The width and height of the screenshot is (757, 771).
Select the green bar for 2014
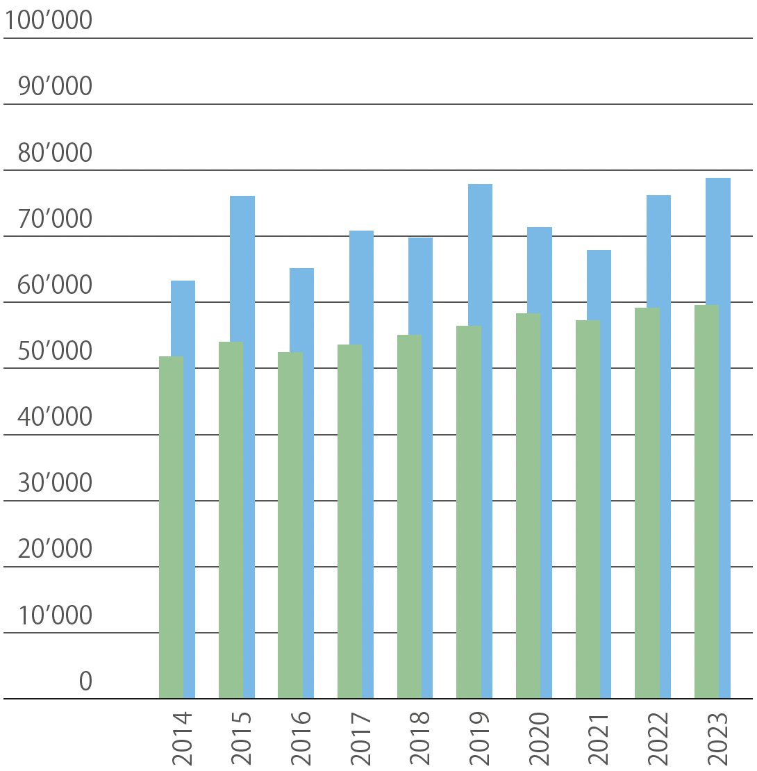[171, 528]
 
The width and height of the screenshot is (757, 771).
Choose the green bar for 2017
[349, 521]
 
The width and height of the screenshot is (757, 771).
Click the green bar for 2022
[647, 504]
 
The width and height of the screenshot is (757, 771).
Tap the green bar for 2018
[409, 517]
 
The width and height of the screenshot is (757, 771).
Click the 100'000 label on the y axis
[48, 20]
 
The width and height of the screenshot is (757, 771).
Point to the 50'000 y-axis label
[55, 351]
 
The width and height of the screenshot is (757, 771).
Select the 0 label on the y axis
[85, 681]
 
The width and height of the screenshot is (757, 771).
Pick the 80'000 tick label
[55, 153]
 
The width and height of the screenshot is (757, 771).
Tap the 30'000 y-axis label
[55, 483]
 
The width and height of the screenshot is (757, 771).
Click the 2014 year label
[183, 738]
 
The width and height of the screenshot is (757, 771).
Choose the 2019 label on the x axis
[480, 738]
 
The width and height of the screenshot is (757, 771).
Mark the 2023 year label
[717, 738]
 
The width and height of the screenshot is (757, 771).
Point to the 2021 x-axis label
[599, 738]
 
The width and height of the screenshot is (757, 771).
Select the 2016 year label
[301, 738]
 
